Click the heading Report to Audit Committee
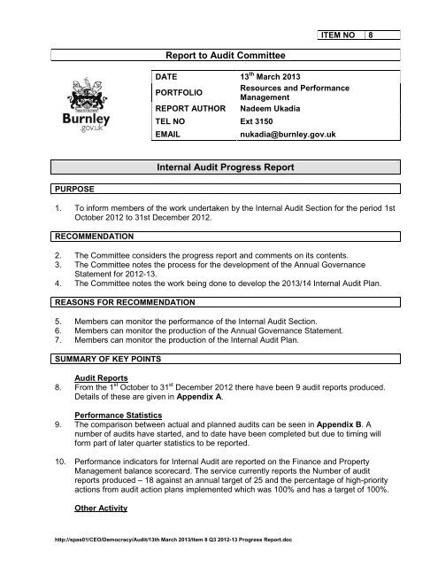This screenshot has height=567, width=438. (218, 54)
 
